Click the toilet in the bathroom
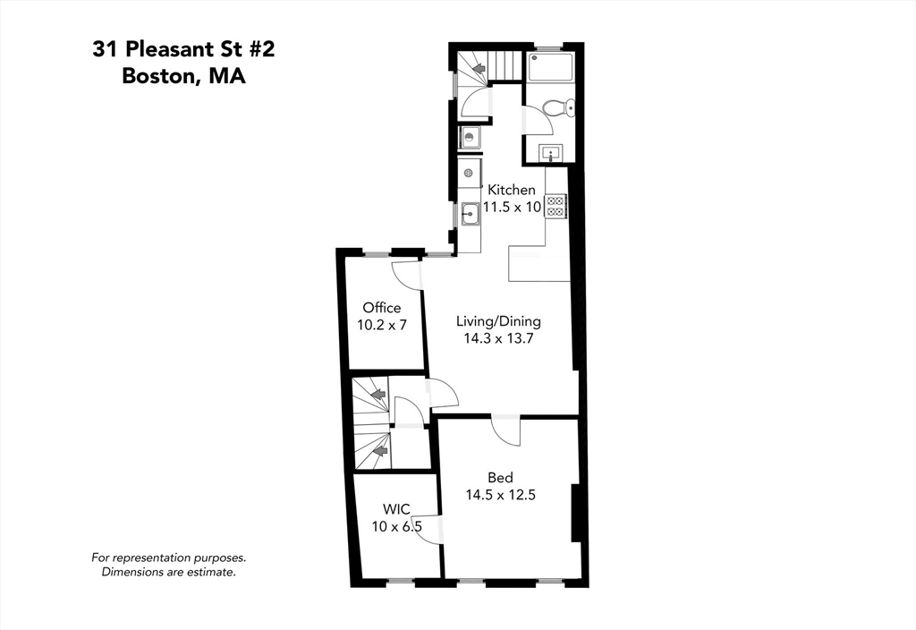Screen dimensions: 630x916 pyautogui.click(x=559, y=108)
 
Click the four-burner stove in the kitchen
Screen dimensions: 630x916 pyautogui.click(x=556, y=206)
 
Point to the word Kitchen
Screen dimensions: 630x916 pyautogui.click(x=511, y=190)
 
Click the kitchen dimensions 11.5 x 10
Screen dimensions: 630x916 pyautogui.click(x=512, y=207)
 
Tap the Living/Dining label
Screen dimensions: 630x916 pyautogui.click(x=498, y=321)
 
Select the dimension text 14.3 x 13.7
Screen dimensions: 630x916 pyautogui.click(x=498, y=339)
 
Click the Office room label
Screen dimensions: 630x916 pyautogui.click(x=382, y=308)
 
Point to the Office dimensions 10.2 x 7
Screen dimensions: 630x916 pyautogui.click(x=382, y=325)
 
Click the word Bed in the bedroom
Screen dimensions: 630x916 pyautogui.click(x=500, y=477)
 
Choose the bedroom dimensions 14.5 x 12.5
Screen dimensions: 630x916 pyautogui.click(x=500, y=494)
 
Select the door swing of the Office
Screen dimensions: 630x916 pyautogui.click(x=405, y=275)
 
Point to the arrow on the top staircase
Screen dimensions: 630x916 pyautogui.click(x=479, y=67)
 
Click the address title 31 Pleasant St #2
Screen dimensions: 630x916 pyautogui.click(x=183, y=49)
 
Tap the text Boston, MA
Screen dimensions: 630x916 pyautogui.click(x=183, y=76)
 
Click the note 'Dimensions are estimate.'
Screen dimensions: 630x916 pyautogui.click(x=169, y=572)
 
